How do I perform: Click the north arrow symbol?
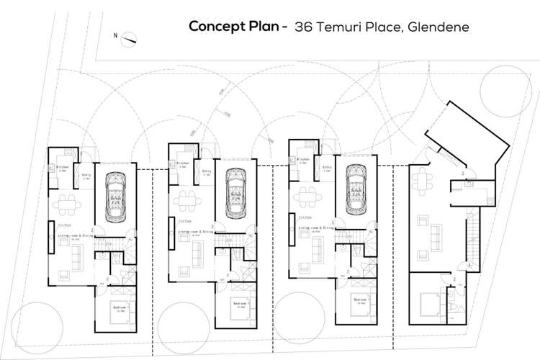click(x=128, y=40)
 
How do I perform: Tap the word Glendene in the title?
click(x=439, y=27)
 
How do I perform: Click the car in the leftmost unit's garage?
click(x=115, y=194)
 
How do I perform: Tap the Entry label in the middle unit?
click(x=206, y=171)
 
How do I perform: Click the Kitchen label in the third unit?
click(x=303, y=159)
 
